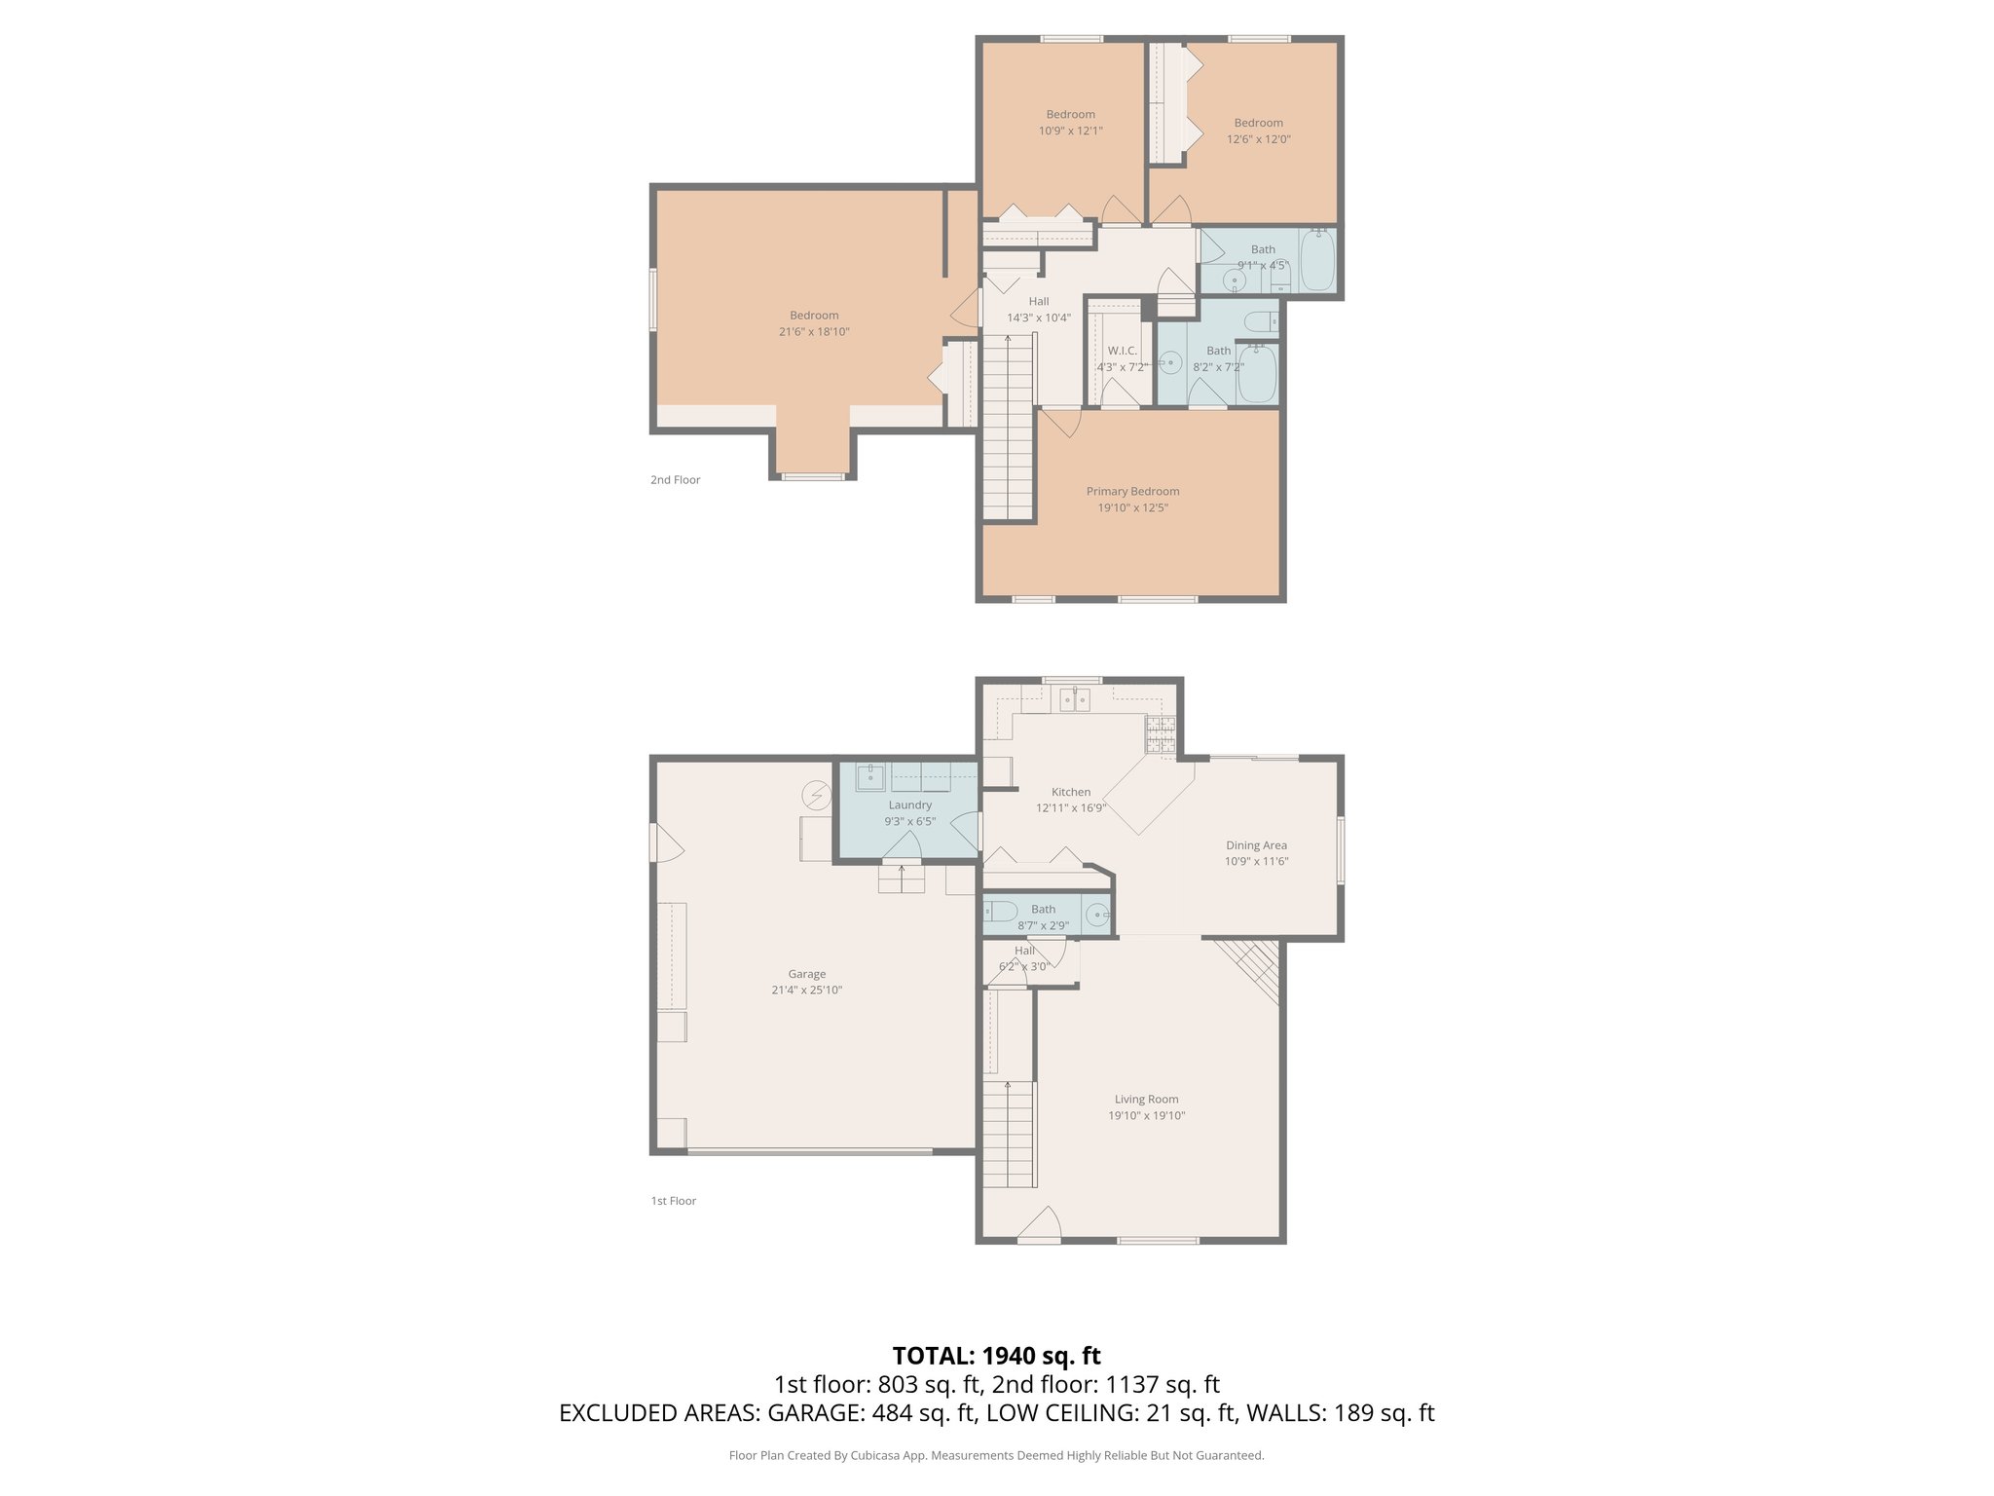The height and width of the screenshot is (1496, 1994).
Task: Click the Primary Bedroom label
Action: point(1132,491)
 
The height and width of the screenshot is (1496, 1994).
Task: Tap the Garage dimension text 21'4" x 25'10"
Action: point(806,991)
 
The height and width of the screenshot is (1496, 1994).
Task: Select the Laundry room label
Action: point(909,804)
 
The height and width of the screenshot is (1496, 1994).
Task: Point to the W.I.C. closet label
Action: point(1122,351)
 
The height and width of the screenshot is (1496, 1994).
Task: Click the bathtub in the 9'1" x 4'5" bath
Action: point(1317,260)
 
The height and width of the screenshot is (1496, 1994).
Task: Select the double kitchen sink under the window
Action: point(1074,699)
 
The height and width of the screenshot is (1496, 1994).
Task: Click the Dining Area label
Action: point(1256,845)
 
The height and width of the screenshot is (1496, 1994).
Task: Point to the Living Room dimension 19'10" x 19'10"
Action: point(1146,1116)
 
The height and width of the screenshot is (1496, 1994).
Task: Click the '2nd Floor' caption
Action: point(675,480)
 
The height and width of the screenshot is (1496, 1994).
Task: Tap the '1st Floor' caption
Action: point(673,1201)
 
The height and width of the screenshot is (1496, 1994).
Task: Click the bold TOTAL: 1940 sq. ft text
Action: point(996,1356)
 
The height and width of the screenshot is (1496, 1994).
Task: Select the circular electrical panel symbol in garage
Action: point(815,797)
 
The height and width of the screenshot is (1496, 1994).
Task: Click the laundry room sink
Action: point(869,777)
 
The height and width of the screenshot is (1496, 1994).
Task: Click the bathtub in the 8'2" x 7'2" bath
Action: point(1257,373)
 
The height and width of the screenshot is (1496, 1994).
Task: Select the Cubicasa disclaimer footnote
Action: point(996,1456)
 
